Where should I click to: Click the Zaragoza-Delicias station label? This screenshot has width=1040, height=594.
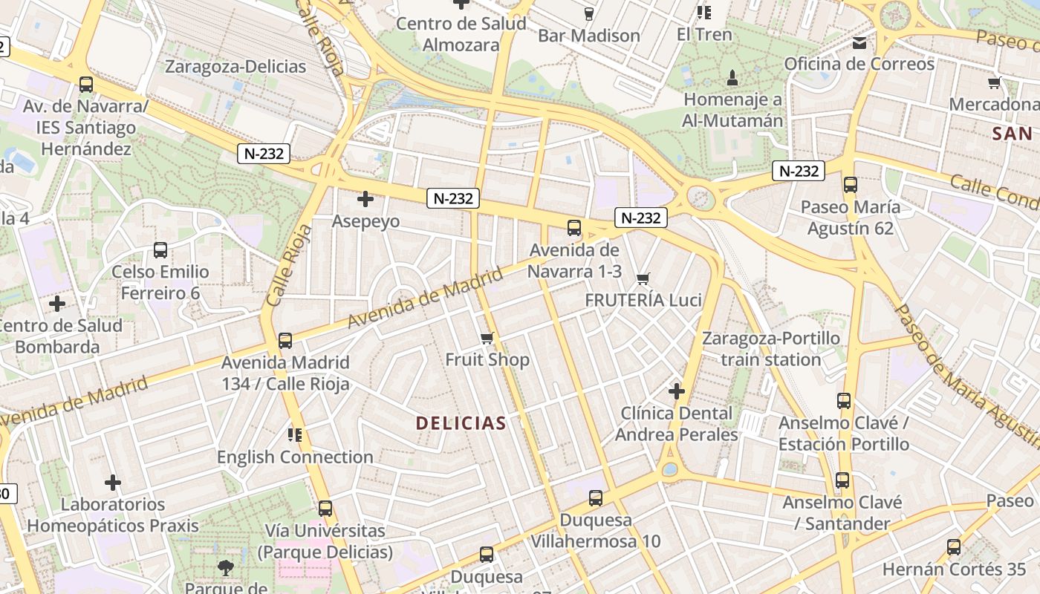235,67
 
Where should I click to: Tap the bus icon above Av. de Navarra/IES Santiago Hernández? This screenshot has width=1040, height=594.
86,85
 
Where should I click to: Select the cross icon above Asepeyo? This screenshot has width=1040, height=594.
365,199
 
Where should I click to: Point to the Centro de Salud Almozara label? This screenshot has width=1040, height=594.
461,34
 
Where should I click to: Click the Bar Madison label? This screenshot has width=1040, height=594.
588,36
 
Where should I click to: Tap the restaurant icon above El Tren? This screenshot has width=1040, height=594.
704,13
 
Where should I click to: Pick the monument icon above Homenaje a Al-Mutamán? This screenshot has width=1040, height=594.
732,77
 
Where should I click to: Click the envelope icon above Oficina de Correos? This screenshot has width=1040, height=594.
859,43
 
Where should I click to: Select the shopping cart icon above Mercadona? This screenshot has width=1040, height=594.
994,82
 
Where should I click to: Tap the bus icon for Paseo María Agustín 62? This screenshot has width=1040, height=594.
851,185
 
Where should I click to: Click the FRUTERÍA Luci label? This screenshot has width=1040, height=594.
643,300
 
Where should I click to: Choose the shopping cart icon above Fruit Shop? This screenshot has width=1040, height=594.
487,339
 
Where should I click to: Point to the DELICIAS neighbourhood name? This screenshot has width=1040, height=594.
461,423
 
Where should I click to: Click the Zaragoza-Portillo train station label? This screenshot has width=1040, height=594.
771,349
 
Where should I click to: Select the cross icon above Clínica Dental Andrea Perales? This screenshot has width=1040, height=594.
676,391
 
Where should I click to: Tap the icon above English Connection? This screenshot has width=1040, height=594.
295,435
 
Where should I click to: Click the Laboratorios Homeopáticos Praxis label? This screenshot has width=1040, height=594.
113,515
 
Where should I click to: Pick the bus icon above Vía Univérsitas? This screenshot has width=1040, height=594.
325,509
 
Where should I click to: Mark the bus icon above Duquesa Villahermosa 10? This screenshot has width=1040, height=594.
596,498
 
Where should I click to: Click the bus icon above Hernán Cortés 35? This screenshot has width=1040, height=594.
954,548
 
